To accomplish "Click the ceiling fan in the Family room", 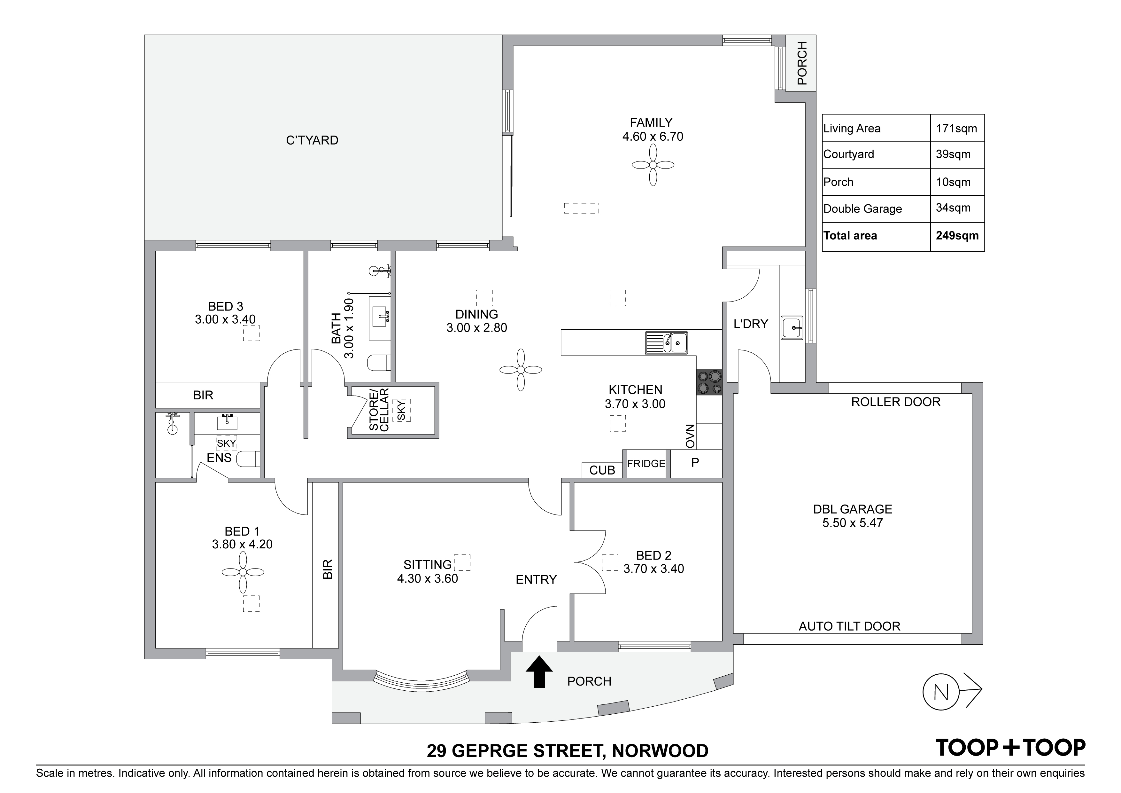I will (653, 165).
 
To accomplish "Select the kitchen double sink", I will (667, 342).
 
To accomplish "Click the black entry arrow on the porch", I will (539, 672).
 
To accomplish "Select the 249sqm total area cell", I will (957, 236).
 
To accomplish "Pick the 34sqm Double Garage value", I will (953, 208).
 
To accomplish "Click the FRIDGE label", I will (646, 464).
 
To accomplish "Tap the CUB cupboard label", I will (602, 470).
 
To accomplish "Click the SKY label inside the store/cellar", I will (402, 411).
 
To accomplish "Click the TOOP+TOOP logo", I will (1010, 748).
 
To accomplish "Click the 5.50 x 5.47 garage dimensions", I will (853, 523).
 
